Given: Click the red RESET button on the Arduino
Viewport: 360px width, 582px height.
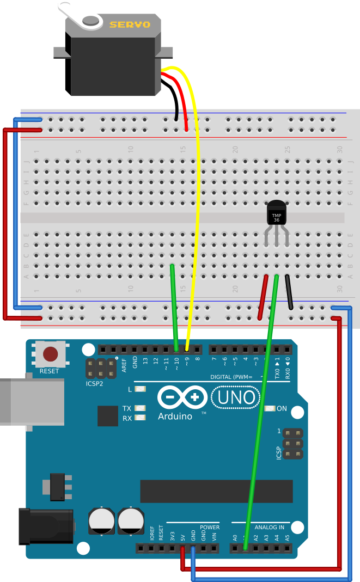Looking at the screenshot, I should pos(51,354).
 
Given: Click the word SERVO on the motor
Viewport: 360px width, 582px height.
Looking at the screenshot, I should pos(130,24).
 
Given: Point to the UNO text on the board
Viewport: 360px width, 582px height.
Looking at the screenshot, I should pos(236,398).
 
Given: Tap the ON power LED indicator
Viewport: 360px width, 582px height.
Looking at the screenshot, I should pos(269,408).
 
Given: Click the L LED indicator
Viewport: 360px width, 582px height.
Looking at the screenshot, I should pos(141,389).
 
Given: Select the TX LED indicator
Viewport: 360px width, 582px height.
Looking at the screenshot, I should pos(141,408).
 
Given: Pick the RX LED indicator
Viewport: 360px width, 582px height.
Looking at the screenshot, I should pos(141,418).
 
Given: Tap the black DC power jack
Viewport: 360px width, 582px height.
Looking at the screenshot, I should pos(46,525).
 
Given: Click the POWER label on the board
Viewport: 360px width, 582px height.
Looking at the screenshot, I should pos(210,528).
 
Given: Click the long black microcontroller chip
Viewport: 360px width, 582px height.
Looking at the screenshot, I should pos(216,491).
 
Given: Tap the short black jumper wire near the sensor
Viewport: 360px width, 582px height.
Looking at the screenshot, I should pos(289,292).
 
